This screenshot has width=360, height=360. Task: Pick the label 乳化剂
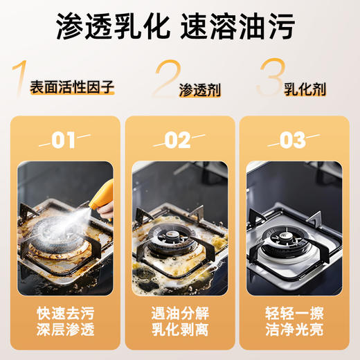coord(305,89)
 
